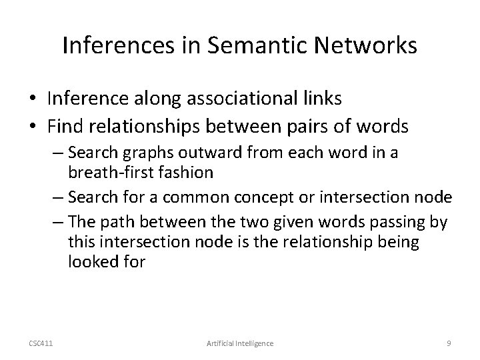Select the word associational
[x=247, y=99]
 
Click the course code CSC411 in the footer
[x=42, y=343]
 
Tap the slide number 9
[x=449, y=343]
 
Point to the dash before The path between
[x=57, y=223]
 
